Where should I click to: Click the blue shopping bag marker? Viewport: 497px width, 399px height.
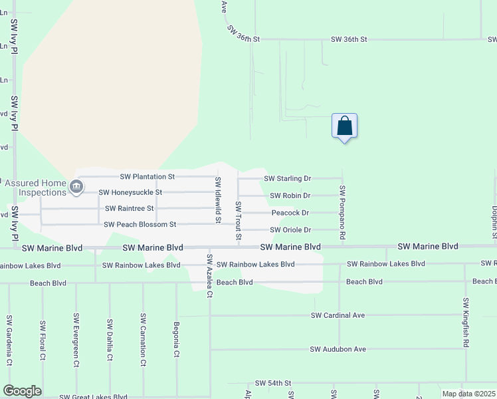pos(344,126)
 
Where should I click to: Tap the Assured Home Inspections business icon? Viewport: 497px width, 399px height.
pos(76,187)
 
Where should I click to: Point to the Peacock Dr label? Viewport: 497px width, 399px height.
pos(290,213)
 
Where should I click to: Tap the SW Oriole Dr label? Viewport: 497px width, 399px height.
pos(290,230)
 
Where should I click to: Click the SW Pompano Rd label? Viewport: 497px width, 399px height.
pos(343,212)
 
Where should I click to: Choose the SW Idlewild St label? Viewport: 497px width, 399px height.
pos(217,200)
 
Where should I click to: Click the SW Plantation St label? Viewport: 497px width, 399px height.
pos(147,177)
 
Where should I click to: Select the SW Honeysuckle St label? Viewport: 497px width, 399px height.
pos(130,192)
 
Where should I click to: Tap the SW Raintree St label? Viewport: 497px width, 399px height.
pos(129,208)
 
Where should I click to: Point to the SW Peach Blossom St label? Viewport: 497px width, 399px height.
pos(140,225)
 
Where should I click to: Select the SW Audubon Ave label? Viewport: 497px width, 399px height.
pos(338,349)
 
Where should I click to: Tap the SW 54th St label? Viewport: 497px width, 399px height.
pos(273,384)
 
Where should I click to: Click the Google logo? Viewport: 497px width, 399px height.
pos(22,391)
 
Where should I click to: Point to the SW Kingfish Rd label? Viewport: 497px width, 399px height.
pos(466,323)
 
